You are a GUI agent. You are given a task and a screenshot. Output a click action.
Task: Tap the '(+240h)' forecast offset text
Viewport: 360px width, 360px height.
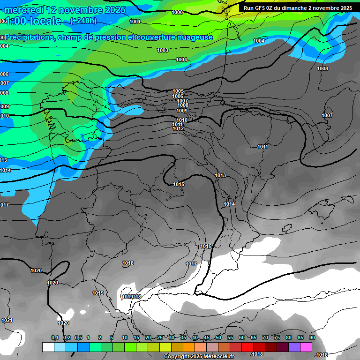[83, 21]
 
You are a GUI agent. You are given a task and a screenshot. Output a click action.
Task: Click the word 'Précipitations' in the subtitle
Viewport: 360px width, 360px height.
[29, 37]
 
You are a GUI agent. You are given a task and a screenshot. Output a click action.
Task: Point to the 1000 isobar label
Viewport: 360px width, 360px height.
[177, 13]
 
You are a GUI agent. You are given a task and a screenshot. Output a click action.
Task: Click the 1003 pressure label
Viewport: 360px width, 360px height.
[163, 50]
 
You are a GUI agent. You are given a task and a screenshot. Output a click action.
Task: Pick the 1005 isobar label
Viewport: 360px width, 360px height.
[178, 91]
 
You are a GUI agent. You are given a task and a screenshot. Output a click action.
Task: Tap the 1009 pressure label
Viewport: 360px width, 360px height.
[182, 111]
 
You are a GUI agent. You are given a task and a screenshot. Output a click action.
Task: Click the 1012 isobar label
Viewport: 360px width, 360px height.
[178, 128]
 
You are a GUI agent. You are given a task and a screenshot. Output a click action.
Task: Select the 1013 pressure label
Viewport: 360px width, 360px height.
[220, 175]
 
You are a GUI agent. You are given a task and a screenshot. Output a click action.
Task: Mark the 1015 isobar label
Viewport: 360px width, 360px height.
[179, 184]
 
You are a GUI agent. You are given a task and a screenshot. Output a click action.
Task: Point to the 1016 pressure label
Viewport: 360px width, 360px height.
[206, 246]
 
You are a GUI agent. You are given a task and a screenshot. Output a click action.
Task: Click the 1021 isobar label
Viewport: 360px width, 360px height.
[7, 320]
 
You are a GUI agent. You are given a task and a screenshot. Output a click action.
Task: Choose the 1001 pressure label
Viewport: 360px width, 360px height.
[135, 22]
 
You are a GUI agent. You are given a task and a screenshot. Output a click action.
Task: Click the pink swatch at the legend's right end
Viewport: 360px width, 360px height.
[306, 347]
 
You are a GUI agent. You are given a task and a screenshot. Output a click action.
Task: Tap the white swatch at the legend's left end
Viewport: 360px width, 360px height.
[48, 347]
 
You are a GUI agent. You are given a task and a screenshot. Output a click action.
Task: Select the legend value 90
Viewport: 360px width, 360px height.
[312, 337]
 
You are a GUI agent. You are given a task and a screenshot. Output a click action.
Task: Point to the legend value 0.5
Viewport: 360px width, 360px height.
[78, 337]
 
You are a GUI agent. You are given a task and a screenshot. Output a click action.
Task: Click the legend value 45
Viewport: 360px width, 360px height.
[207, 337]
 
